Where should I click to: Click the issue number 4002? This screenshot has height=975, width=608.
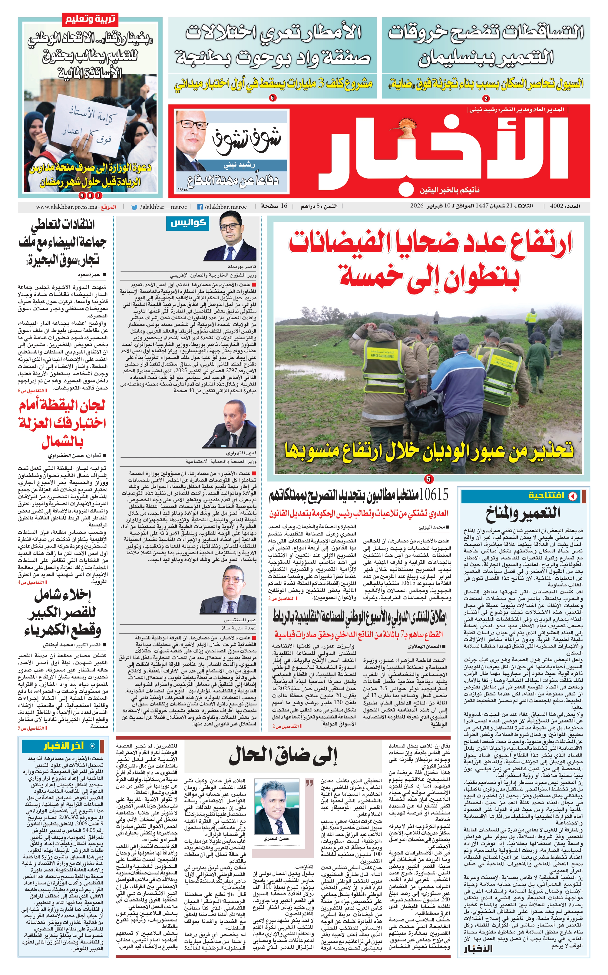click(x=557, y=206)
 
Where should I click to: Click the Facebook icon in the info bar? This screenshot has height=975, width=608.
click(x=200, y=207)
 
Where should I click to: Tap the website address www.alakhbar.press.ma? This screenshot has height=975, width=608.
click(x=66, y=207)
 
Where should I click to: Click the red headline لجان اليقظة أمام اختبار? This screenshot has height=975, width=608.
click(x=62, y=423)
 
